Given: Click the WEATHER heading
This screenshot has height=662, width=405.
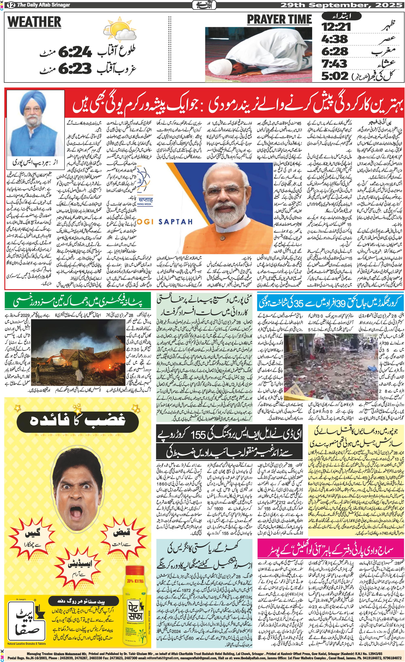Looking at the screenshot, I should pyautogui.click(x=34, y=22).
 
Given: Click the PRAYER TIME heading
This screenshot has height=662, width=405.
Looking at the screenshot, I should pyautogui.click(x=279, y=20).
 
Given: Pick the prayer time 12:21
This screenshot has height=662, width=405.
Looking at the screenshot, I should pyautogui.click(x=337, y=27).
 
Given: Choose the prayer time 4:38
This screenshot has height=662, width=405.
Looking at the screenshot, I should pyautogui.click(x=335, y=39).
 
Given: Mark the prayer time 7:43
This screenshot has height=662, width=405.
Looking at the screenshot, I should pyautogui.click(x=335, y=64).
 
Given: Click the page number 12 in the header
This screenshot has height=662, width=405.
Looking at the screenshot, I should pyautogui.click(x=11, y=5).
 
